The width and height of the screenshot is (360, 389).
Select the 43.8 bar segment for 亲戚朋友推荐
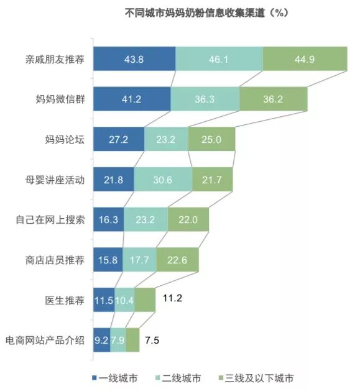click(x=134, y=60)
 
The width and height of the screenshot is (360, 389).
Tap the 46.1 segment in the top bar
click(x=219, y=60)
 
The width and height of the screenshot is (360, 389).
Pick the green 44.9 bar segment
click(x=304, y=60)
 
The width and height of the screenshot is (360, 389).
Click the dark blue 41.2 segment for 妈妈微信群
click(x=132, y=99)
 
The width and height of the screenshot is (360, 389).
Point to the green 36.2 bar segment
click(x=273, y=99)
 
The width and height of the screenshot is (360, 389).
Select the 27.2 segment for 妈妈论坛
click(x=119, y=140)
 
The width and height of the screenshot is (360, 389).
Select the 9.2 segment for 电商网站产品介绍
click(x=101, y=341)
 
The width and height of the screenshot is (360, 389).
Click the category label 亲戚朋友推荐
click(x=55, y=60)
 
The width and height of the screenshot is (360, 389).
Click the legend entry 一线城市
click(x=118, y=377)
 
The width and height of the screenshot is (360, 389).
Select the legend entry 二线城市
click(x=181, y=377)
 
